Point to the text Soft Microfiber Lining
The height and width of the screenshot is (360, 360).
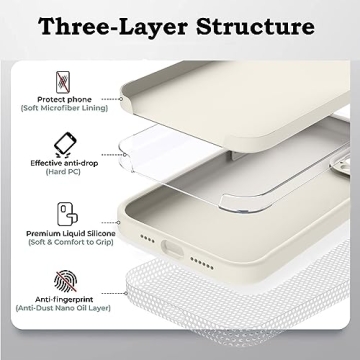[x=65, y=109]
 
